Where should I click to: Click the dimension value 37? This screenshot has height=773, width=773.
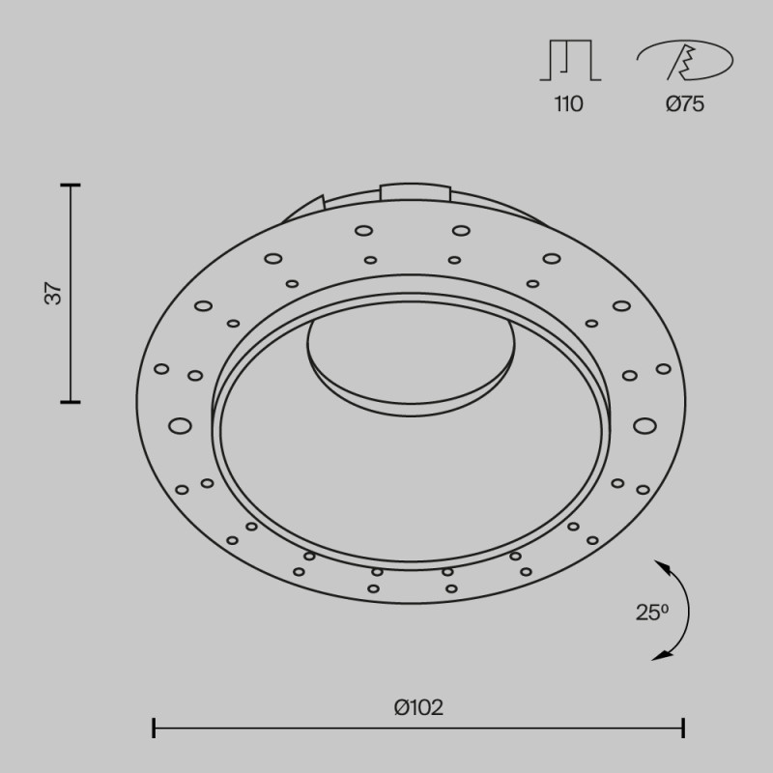56,293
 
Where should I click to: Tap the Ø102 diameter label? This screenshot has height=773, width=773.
418,707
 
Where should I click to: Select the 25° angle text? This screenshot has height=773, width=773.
652,612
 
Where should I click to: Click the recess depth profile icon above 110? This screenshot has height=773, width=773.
570,60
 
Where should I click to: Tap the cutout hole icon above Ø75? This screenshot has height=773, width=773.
684,60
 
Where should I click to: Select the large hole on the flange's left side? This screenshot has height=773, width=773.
179,425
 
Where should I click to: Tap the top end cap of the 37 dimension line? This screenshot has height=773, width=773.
70,184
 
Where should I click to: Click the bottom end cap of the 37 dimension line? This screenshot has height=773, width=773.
70,401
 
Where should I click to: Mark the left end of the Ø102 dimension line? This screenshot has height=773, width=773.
154,728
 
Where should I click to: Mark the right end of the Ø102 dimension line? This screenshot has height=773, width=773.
684,728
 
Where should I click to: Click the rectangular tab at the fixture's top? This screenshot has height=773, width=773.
415,191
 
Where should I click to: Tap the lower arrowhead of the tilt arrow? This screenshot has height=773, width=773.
660,656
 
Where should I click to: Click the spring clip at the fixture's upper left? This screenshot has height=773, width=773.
306,209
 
